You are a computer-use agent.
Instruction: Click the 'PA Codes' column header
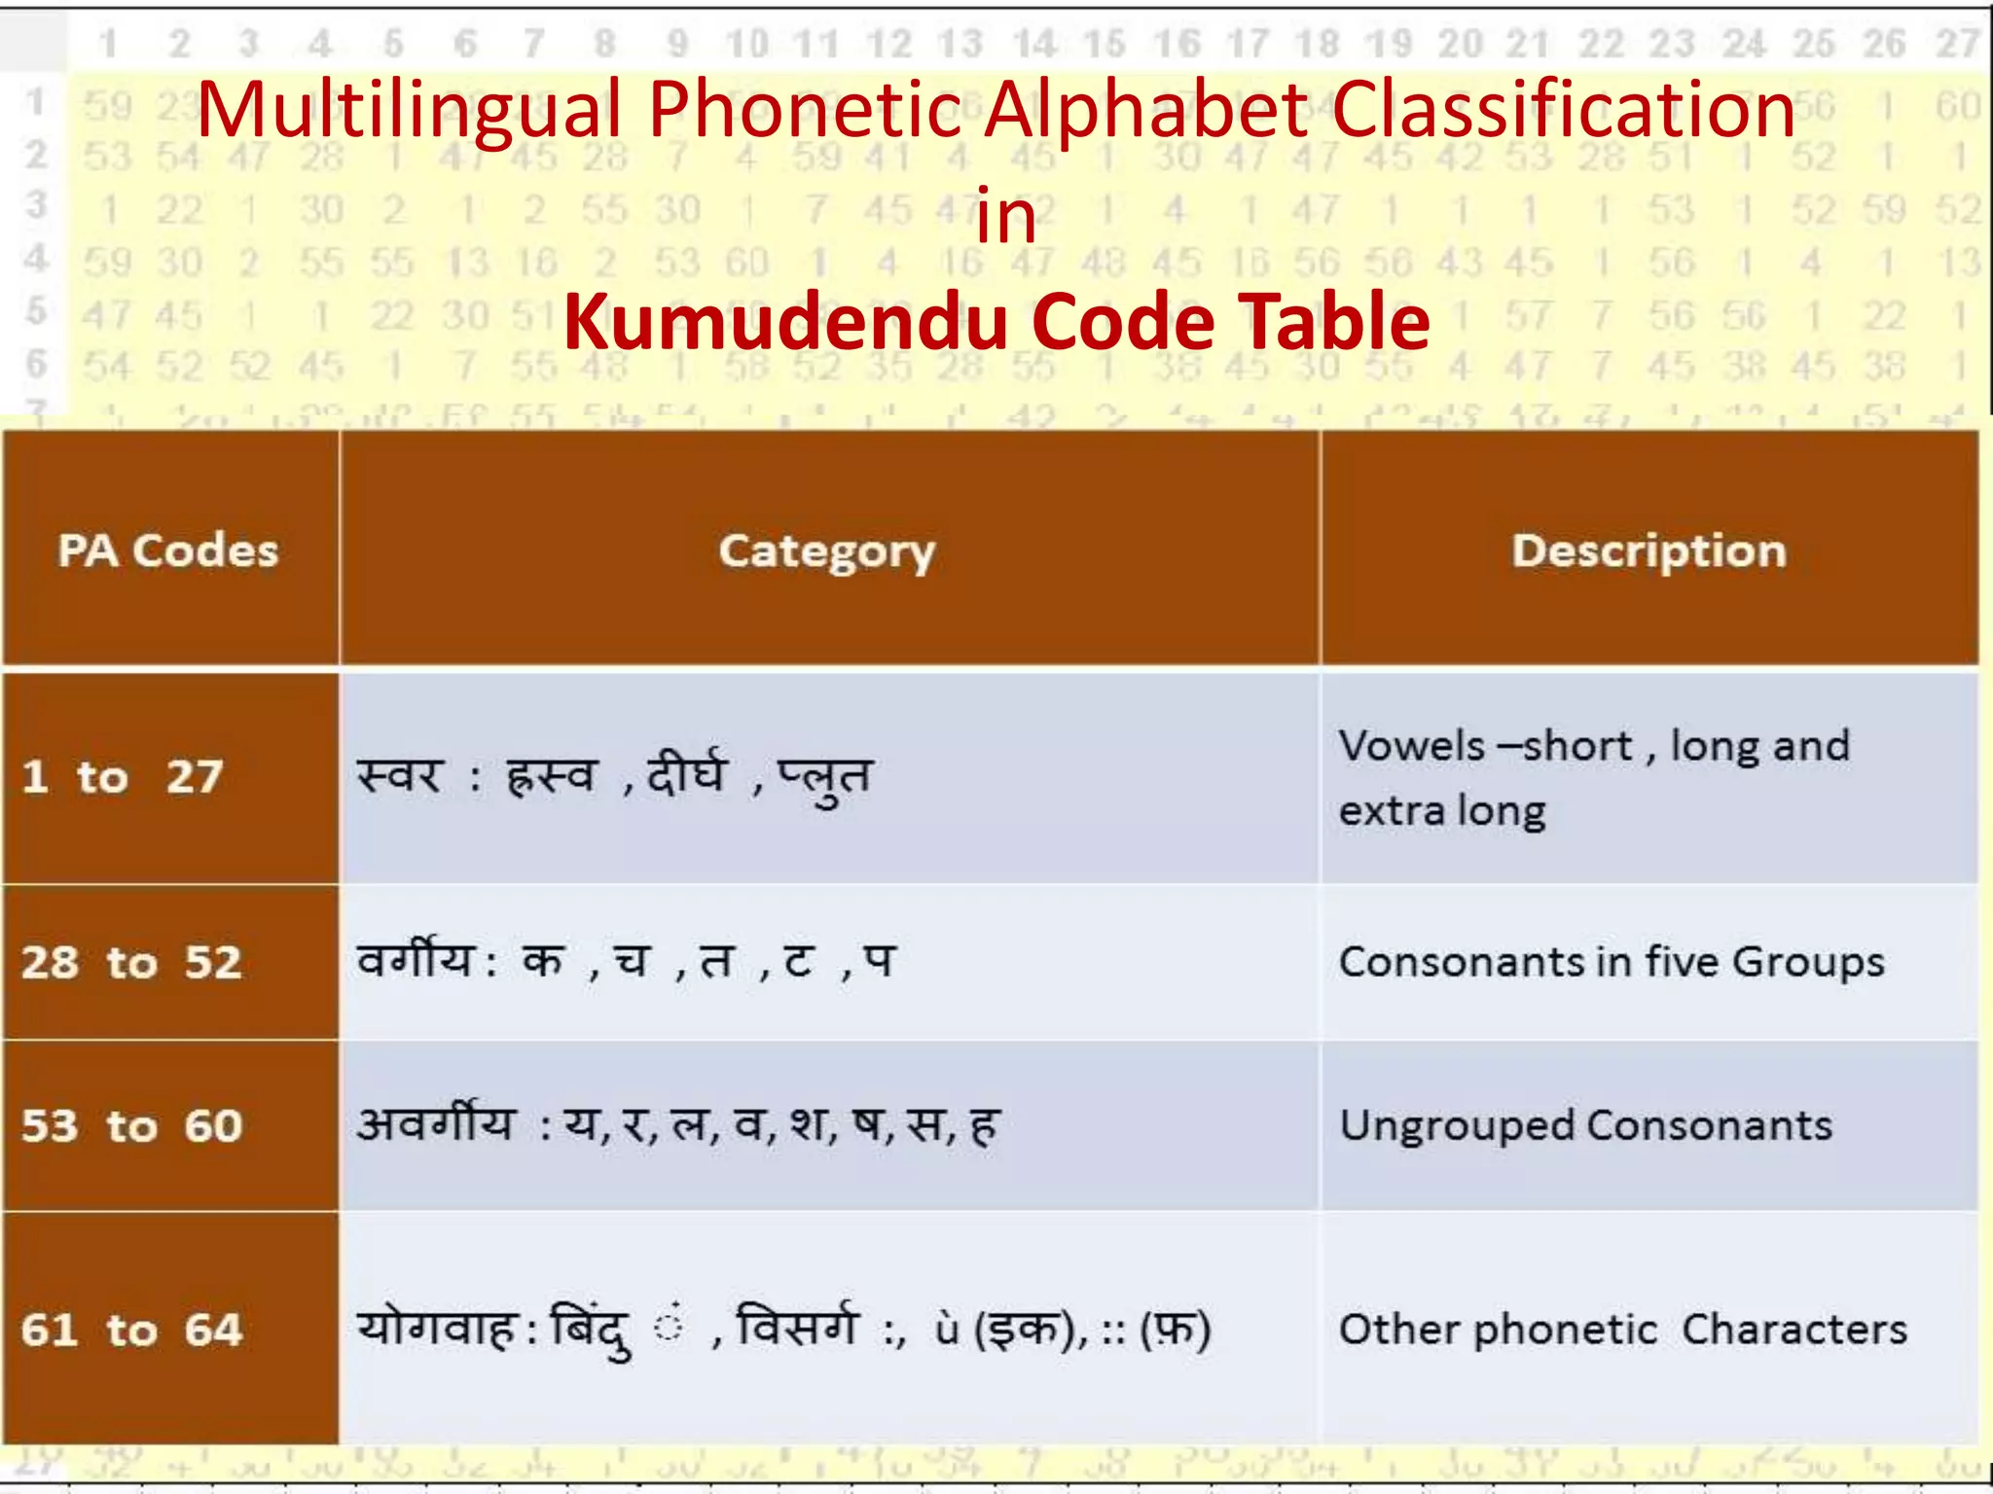[x=168, y=551]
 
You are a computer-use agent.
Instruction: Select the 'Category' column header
[x=827, y=551]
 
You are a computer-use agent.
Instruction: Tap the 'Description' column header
[x=1649, y=551]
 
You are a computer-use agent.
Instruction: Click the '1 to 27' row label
[x=123, y=777]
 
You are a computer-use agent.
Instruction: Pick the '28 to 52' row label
[x=131, y=962]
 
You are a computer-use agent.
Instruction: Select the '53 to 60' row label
[x=131, y=1125]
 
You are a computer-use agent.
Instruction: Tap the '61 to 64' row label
[x=131, y=1329]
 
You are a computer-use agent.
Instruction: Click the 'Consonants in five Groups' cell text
[x=1612, y=962]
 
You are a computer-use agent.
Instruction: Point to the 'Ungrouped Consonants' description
[x=1585, y=1125]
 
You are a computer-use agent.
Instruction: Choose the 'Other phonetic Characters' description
[x=1622, y=1329]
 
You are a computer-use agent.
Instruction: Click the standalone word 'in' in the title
[x=1005, y=216]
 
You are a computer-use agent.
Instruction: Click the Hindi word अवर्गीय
[x=435, y=1123]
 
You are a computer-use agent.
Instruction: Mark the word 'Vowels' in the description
[x=1411, y=746]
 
